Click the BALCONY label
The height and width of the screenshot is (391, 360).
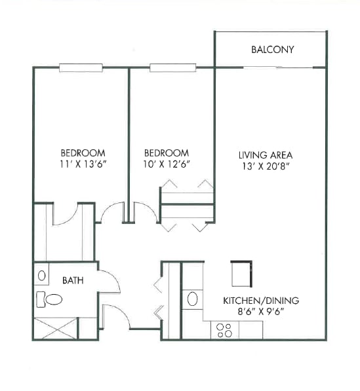click(x=272, y=50)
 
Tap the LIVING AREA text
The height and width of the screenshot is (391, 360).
click(x=266, y=155)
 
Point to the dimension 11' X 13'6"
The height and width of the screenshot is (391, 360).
click(x=83, y=164)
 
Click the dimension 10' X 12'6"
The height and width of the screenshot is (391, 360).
click(x=167, y=164)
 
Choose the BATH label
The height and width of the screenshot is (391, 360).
click(x=73, y=280)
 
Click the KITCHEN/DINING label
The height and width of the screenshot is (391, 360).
click(x=261, y=301)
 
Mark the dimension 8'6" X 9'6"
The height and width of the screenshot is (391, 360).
click(x=261, y=312)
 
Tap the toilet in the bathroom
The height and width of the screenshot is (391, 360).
click(x=49, y=299)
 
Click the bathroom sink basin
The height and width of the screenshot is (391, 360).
click(x=41, y=276)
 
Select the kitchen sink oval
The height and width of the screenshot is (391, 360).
click(x=192, y=299)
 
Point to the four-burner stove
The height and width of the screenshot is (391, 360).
click(x=225, y=330)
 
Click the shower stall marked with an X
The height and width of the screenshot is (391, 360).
click(x=56, y=328)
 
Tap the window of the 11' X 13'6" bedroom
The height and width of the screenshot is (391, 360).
click(x=81, y=68)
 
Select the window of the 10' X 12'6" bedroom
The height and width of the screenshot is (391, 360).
click(x=172, y=68)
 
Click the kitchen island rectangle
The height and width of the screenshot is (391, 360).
click(x=242, y=274)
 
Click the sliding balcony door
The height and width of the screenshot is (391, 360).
click(x=277, y=67)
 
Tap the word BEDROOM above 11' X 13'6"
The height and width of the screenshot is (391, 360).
click(x=83, y=153)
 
